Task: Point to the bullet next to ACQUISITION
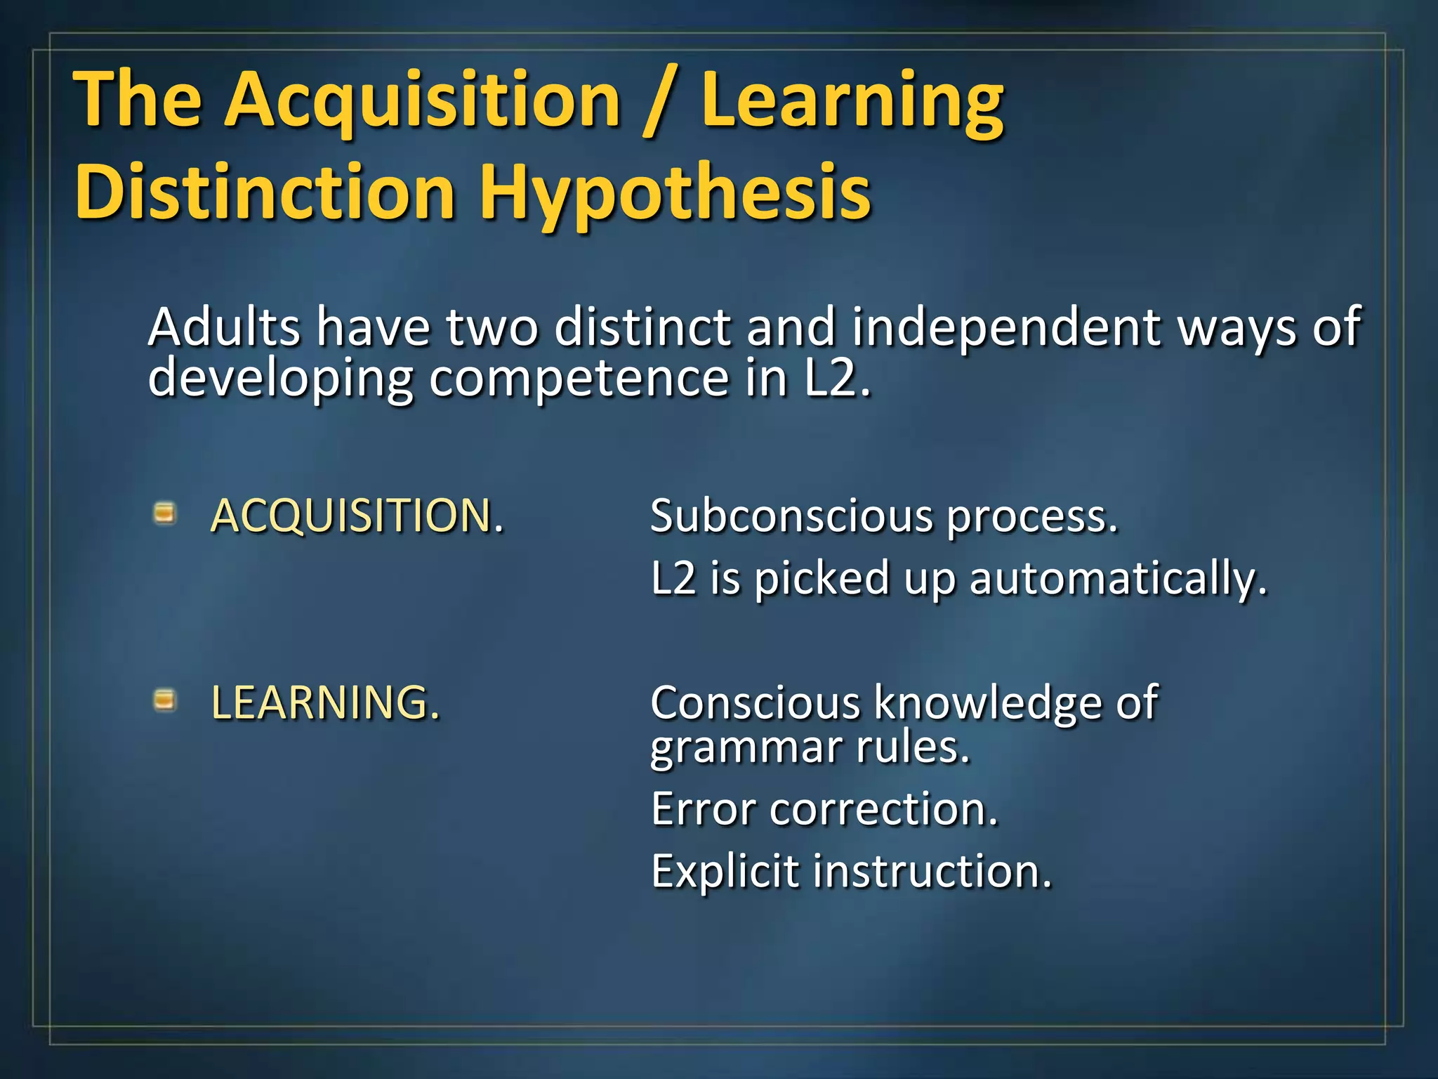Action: point(164,514)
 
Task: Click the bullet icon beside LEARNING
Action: point(164,700)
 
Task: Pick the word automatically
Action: point(1118,580)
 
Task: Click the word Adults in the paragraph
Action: point(224,327)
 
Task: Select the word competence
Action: point(579,378)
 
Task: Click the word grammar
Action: point(745,748)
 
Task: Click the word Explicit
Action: point(725,871)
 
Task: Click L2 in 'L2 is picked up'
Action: point(673,578)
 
